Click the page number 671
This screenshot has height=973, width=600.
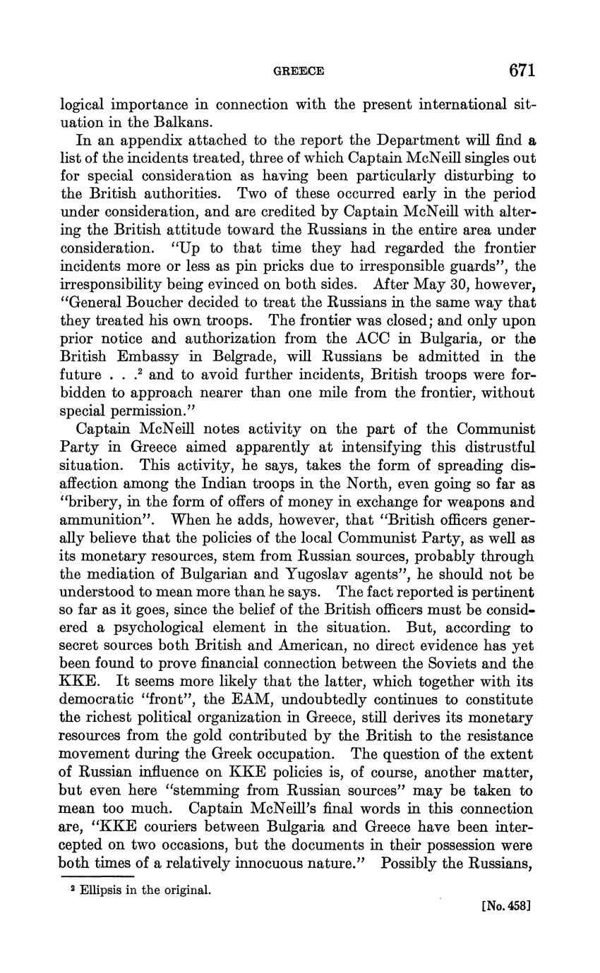click(x=521, y=71)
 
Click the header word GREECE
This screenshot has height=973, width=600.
click(x=299, y=71)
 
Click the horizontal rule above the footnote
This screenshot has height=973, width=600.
click(x=95, y=876)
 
